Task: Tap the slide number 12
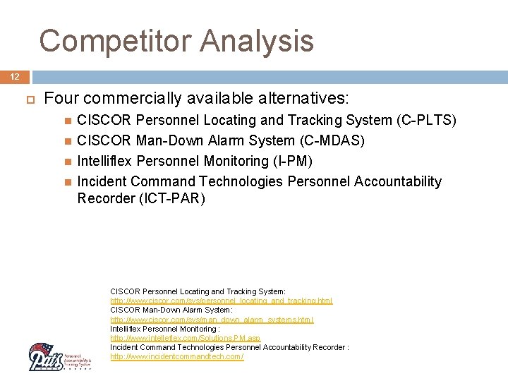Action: (x=15, y=76)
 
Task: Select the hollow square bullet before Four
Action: (x=29, y=98)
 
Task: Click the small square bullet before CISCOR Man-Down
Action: (x=68, y=141)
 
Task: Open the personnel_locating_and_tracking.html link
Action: (x=221, y=301)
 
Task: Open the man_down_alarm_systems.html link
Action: (x=212, y=320)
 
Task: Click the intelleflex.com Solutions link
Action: (x=185, y=338)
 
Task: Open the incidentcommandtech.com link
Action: (x=176, y=357)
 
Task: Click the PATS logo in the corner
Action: (x=59, y=356)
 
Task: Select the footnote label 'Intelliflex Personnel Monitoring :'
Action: (x=165, y=329)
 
